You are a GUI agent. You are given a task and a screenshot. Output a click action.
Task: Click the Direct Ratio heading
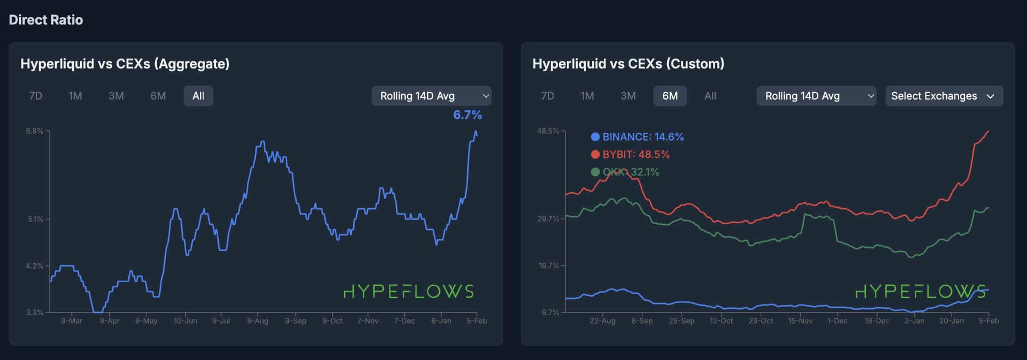pos(46,20)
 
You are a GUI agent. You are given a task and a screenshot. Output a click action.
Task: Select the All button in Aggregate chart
pos(198,96)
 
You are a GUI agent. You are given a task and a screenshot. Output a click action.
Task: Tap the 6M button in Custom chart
pos(670,96)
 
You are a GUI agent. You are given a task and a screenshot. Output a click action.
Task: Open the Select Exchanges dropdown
pos(944,96)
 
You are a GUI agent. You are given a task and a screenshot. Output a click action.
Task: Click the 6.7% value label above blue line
pos(467,115)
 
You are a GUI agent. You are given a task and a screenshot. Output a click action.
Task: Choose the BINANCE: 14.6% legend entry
pos(637,137)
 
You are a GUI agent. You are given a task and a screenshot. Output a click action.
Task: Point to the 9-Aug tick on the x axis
pos(258,321)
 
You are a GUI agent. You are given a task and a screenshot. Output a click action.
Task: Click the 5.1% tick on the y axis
pos(35,219)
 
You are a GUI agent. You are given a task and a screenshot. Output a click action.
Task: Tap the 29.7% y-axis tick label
pos(548,219)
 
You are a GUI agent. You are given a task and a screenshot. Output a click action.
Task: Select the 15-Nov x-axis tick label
pos(800,321)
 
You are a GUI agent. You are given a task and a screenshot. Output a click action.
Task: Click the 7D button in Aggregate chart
pos(36,96)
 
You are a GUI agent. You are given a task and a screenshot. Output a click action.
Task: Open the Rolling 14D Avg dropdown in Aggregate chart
pos(431,96)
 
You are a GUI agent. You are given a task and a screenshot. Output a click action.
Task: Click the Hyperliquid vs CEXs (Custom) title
pos(628,63)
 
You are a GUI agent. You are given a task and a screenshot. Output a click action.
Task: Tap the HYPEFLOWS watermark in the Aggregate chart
pos(408,292)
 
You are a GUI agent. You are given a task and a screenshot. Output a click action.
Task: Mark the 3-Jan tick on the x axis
pos(914,321)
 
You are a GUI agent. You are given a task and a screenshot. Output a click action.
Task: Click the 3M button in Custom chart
pos(628,96)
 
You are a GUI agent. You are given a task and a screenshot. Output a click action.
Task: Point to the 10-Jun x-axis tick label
pos(185,321)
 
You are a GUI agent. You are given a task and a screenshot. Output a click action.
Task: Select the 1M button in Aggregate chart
pos(75,96)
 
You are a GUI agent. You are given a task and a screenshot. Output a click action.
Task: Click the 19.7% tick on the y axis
pos(548,266)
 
